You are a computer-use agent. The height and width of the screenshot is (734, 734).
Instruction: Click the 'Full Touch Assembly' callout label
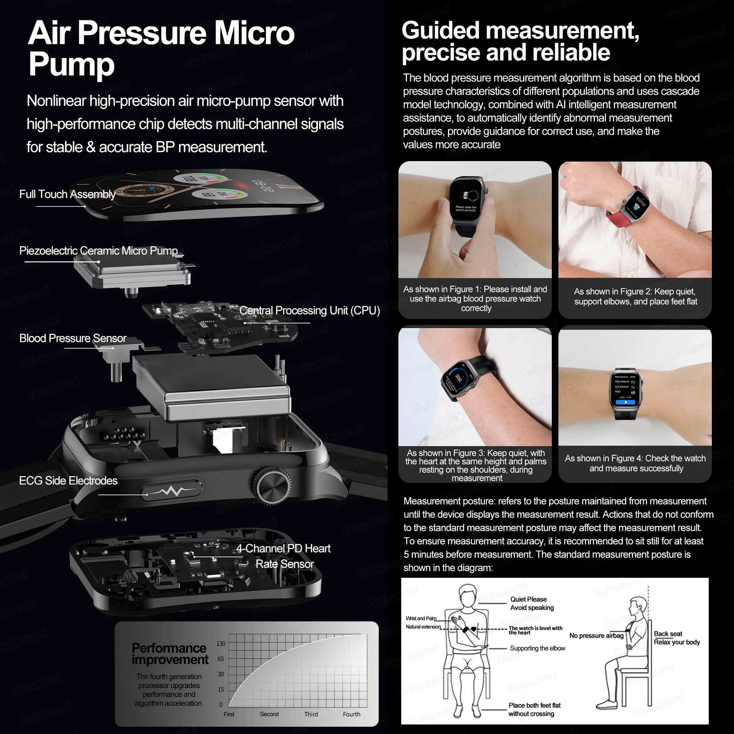click(67, 194)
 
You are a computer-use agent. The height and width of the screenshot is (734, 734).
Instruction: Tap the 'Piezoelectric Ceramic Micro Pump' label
click(98, 251)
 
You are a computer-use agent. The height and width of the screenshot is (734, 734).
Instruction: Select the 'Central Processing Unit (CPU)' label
click(310, 310)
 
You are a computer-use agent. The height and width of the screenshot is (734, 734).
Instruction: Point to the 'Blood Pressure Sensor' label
click(73, 338)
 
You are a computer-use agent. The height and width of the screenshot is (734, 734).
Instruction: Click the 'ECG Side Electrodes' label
click(68, 481)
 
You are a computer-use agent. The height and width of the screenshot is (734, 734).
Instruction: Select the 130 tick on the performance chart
click(221, 643)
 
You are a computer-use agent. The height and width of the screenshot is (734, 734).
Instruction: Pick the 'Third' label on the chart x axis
click(311, 714)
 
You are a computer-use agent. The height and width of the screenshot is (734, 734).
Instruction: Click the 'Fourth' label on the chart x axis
click(352, 714)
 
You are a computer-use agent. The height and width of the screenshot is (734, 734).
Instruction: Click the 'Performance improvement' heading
click(170, 653)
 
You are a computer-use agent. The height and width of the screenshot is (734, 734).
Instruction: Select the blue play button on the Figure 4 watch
click(626, 402)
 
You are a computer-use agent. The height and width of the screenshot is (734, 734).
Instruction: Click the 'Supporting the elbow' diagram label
click(537, 648)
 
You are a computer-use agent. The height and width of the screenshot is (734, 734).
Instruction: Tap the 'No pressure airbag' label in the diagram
click(596, 636)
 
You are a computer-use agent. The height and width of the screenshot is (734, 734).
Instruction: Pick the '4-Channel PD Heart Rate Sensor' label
click(284, 556)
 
